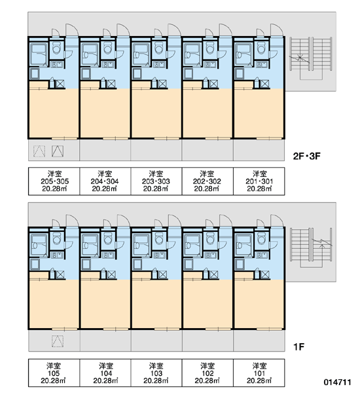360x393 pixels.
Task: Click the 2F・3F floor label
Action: (x=306, y=156)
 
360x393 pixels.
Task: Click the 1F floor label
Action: (x=298, y=347)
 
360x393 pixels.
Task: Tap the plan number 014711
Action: (x=337, y=383)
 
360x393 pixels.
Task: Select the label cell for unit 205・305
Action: (x=54, y=181)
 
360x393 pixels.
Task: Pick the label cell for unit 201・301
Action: (x=259, y=181)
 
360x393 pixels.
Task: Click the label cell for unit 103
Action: (x=156, y=373)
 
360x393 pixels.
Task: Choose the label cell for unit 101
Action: (x=259, y=373)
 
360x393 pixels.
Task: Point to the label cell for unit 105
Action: (x=54, y=373)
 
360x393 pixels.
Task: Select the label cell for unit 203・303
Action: (x=156, y=181)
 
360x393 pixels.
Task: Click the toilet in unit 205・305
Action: (x=57, y=47)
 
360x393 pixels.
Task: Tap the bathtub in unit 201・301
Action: (x=243, y=54)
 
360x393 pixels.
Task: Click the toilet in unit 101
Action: (x=261, y=238)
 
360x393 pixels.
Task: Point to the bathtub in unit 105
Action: (x=39, y=245)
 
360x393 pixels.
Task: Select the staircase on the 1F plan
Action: (x=311, y=249)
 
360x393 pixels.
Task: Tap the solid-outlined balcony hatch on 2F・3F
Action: (x=58, y=151)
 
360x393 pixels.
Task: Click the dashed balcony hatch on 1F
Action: (x=58, y=341)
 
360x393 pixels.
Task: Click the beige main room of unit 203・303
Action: (x=156, y=113)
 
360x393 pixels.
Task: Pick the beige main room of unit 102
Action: (x=207, y=304)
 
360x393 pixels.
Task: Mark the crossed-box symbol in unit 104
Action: (x=111, y=274)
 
